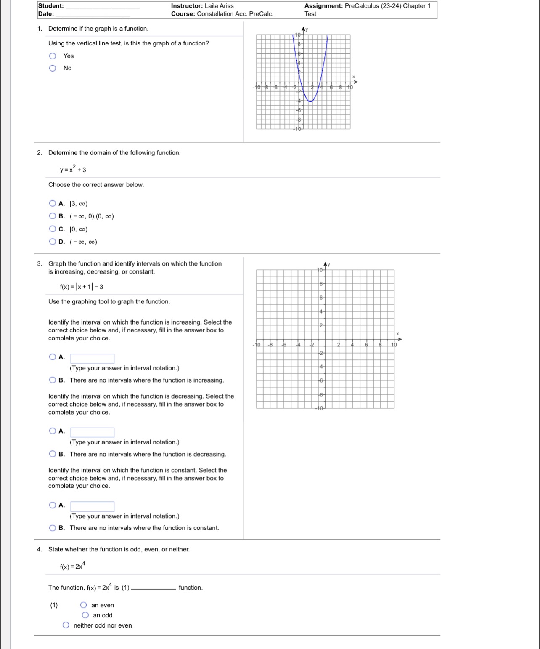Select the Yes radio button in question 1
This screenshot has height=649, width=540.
53,56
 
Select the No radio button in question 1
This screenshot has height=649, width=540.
53,68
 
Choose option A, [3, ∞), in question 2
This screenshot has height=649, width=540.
53,204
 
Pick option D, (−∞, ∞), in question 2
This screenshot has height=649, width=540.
53,242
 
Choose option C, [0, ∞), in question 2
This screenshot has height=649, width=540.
53,229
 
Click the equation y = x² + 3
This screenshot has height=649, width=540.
73,169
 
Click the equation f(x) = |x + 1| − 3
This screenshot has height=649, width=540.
82,287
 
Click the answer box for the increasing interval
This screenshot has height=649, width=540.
92,358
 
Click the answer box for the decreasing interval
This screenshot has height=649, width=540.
92,432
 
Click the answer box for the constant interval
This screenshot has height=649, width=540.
92,506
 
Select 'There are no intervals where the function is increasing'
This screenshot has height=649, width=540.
53,380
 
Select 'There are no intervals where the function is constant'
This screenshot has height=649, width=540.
53,528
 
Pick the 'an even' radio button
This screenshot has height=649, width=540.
84,605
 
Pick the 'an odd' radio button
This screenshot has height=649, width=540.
85,615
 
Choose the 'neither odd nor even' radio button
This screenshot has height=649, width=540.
66,625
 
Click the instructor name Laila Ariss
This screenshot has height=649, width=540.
219,6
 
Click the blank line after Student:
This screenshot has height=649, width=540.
103,6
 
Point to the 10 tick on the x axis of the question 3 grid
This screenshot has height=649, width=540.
394,345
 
